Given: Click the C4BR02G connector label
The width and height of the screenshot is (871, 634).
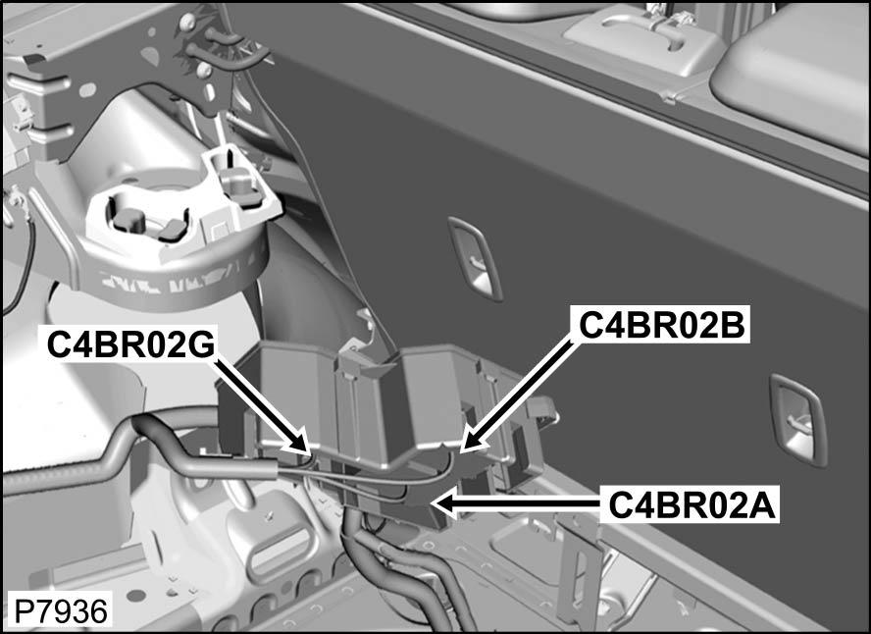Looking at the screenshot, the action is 131,344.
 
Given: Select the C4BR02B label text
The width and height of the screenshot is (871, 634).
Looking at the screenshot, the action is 662,325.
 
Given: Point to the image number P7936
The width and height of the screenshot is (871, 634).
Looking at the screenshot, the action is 61,611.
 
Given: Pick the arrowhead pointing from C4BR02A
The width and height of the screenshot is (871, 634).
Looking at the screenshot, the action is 442,502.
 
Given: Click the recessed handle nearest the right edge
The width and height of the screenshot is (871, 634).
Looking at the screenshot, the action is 797,418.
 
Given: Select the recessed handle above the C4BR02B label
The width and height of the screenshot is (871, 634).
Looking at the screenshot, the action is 476,258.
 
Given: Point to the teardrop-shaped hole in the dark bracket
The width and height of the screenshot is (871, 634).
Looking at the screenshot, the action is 149,55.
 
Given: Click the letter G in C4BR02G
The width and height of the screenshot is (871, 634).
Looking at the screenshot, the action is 202,344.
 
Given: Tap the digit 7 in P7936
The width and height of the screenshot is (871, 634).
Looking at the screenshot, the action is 44,611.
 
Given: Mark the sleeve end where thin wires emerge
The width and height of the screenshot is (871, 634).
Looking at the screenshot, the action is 274,468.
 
